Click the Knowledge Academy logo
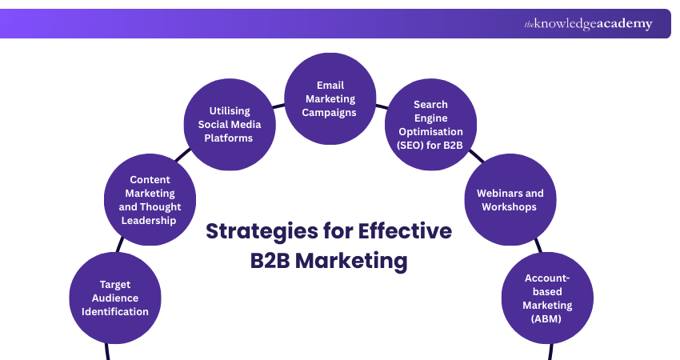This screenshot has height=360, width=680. click(588, 24)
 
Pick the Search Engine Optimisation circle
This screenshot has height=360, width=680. click(430, 124)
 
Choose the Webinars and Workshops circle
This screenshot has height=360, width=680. click(510, 200)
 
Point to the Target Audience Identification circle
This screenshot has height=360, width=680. click(115, 298)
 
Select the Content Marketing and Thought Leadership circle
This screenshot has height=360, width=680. click(150, 200)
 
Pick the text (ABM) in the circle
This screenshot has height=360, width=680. click(547, 318)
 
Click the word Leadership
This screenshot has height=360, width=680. click(150, 220)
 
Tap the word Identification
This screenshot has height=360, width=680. click(115, 311)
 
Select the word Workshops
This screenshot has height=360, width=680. click(510, 206)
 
